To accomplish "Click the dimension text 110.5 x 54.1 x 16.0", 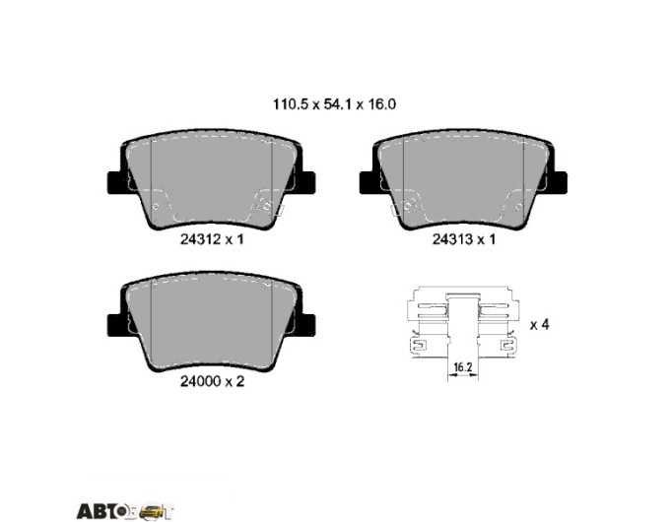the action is [334, 104].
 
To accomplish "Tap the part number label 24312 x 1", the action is [212, 239].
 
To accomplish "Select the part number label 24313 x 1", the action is [464, 239].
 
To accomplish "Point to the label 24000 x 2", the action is [212, 381].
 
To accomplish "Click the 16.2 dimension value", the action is [462, 366].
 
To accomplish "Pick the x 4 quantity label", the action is [539, 325].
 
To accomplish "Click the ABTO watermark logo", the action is [126, 511].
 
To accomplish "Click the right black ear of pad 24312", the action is [306, 181].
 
